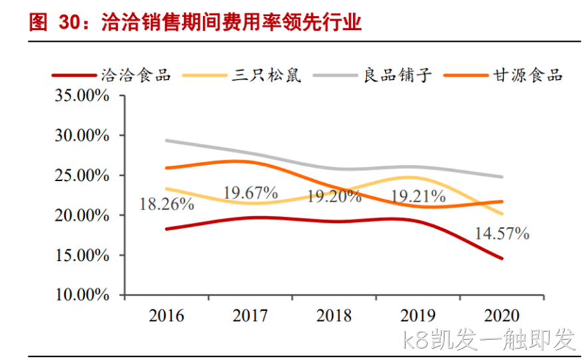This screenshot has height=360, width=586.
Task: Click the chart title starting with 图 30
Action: [196, 22]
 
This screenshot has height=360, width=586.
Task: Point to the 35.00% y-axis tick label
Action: [82, 95]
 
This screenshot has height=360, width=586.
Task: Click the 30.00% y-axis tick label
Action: [82, 135]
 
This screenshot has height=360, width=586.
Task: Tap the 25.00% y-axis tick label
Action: [82, 175]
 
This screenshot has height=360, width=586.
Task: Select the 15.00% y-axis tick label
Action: [82, 256]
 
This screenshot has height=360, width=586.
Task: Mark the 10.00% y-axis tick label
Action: [82, 295]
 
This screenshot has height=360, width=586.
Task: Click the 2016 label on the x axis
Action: [166, 315]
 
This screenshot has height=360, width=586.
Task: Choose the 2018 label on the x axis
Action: [334, 315]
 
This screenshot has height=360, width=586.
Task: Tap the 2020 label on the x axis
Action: [502, 315]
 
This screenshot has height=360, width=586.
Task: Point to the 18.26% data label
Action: [167, 204]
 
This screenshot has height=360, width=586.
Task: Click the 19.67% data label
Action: [251, 193]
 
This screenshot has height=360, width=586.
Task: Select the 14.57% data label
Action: [502, 234]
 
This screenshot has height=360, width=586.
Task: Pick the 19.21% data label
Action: [418, 196]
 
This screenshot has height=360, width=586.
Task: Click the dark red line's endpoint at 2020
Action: [502, 258]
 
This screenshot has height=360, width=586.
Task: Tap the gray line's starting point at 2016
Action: [166, 140]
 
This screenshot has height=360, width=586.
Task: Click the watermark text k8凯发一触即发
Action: [488, 339]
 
